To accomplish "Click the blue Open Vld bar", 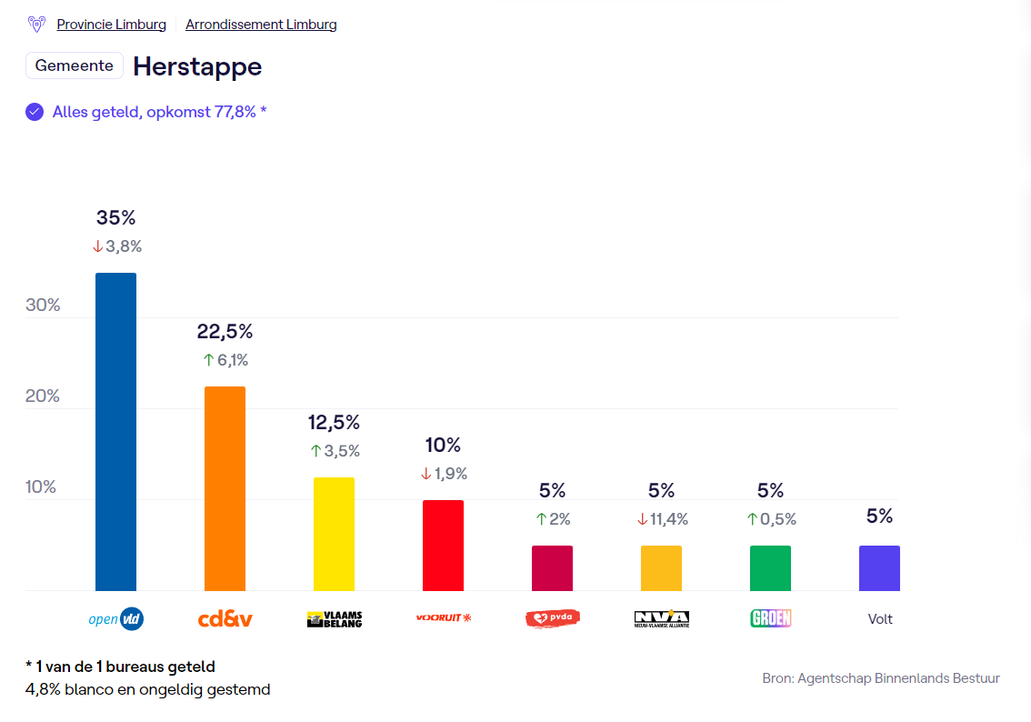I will tap(115, 432).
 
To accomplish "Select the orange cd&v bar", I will tap(225, 488).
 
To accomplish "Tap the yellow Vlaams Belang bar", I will tap(334, 534).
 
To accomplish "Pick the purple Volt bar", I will tap(879, 568).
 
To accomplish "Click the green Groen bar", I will tap(770, 568).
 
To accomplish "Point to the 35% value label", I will tap(115, 218).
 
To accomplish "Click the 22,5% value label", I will tap(225, 332).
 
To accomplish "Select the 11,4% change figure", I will tap(668, 519).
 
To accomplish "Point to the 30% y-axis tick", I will tap(43, 306).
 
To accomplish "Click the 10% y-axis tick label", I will tap(41, 487).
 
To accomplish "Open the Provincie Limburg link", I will tap(111, 25).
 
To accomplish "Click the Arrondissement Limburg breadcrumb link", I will tap(261, 25).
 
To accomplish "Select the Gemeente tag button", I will tap(75, 66).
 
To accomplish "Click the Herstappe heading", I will tap(197, 66).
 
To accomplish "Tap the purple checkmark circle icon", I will tap(35, 112).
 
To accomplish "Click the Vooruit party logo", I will tap(444, 618).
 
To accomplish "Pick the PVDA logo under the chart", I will tap(552, 618).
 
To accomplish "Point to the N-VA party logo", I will tap(661, 618).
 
